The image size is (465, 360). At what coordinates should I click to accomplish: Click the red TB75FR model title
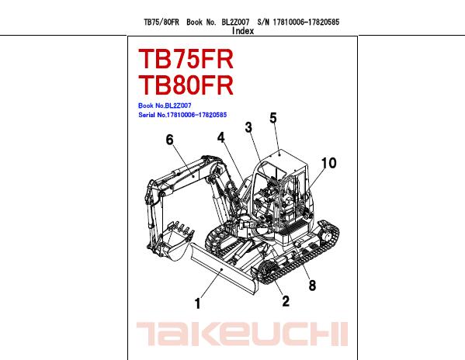[186, 59]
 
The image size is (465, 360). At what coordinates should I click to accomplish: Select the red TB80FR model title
[186, 85]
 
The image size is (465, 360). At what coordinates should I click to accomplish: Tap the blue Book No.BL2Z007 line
[165, 106]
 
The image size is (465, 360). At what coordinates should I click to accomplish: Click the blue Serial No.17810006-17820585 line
[182, 115]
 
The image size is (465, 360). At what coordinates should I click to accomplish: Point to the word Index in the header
[243, 31]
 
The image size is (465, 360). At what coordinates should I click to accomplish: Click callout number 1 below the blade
[198, 303]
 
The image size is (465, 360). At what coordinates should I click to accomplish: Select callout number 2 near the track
[286, 301]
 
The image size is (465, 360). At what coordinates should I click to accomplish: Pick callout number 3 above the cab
[248, 127]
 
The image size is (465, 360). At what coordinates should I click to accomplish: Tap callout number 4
[221, 137]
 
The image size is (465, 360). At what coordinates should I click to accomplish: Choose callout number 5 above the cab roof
[273, 118]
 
